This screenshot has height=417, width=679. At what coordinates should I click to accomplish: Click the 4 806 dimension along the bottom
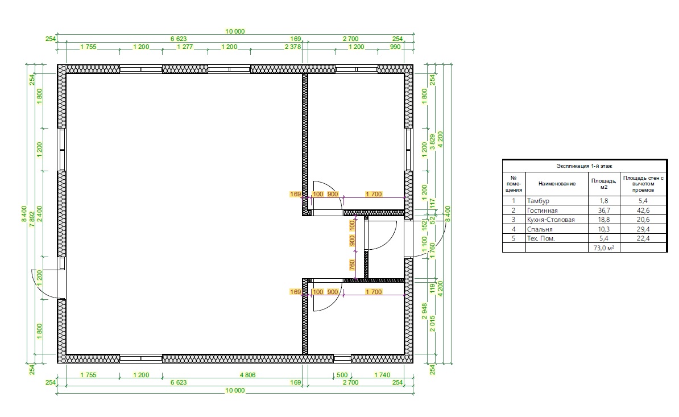click(247, 375)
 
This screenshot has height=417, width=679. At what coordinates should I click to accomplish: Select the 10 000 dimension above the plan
click(235, 31)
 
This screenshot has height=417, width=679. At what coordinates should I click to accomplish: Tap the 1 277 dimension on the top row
click(185, 47)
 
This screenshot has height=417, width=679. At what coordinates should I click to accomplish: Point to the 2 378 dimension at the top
click(293, 47)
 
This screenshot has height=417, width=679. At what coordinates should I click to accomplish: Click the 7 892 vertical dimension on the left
click(32, 218)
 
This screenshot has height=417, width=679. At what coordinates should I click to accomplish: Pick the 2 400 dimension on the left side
click(40, 214)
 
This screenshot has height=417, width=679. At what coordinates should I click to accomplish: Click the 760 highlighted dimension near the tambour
click(352, 265)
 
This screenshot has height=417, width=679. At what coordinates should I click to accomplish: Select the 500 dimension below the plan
click(342, 375)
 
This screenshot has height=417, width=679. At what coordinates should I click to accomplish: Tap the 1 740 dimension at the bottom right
click(382, 375)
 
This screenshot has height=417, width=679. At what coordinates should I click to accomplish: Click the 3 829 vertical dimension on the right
click(432, 142)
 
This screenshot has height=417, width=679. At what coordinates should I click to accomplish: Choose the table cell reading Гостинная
click(542, 210)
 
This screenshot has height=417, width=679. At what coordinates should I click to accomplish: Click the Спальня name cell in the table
click(540, 229)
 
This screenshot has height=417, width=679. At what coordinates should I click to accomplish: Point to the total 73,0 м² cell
click(604, 248)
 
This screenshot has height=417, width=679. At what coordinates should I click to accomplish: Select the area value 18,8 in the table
click(604, 220)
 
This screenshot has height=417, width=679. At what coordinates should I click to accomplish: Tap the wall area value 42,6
click(643, 210)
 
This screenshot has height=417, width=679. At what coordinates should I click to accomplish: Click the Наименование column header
click(557, 184)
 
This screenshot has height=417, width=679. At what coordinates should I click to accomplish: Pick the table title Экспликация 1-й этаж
click(584, 166)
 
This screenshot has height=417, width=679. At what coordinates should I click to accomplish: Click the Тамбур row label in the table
click(538, 201)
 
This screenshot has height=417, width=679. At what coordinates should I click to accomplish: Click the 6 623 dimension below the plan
click(179, 382)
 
